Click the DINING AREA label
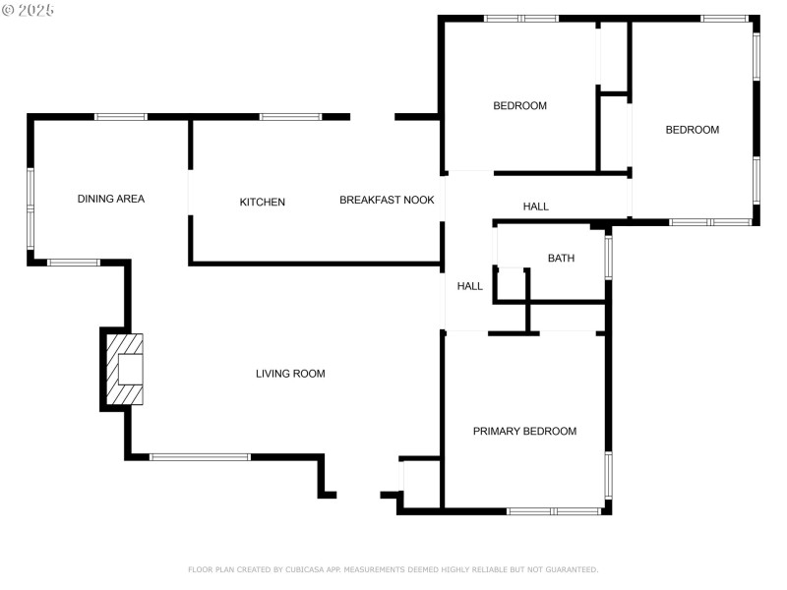[111, 199]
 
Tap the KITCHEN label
[263, 203]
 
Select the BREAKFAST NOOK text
[387, 200]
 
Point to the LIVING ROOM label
[290, 374]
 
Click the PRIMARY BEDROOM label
[524, 432]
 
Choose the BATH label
[561, 259]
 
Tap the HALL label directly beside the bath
[470, 286]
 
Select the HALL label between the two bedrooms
[536, 206]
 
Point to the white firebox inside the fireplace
[131, 369]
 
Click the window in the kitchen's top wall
[290, 117]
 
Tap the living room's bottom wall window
[200, 457]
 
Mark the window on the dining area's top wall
[121, 117]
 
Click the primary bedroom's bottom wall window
[554, 511]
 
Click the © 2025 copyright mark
[29, 10]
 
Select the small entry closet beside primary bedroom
[420, 482]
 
